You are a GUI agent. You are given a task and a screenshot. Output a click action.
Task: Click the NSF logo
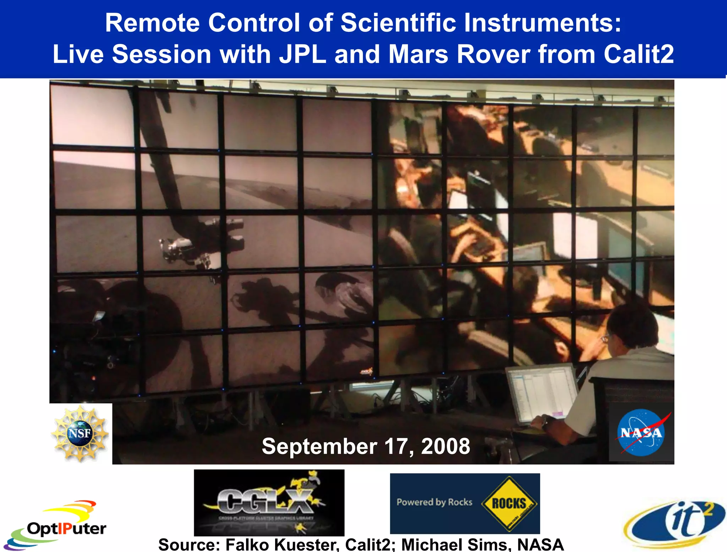(80, 433)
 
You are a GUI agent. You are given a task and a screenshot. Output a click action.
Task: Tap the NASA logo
(641, 432)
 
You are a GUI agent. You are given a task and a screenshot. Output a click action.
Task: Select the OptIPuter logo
(57, 525)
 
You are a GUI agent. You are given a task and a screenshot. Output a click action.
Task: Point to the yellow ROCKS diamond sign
(509, 503)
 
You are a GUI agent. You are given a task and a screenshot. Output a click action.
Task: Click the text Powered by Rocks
(434, 502)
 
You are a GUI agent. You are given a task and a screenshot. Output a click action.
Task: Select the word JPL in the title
(302, 54)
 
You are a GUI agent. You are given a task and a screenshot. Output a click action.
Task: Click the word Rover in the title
(493, 54)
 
